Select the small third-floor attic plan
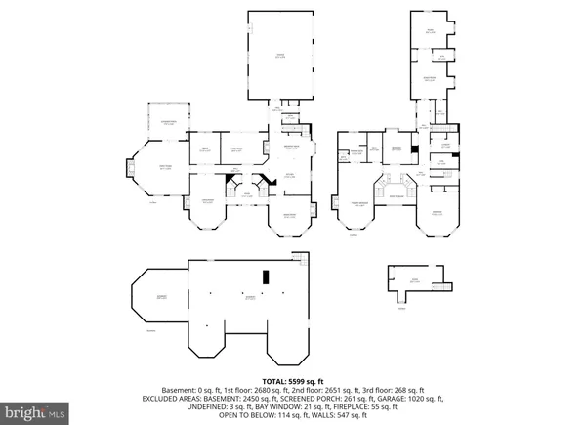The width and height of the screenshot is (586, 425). point(415,279)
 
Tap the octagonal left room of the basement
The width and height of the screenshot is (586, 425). point(159,297)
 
